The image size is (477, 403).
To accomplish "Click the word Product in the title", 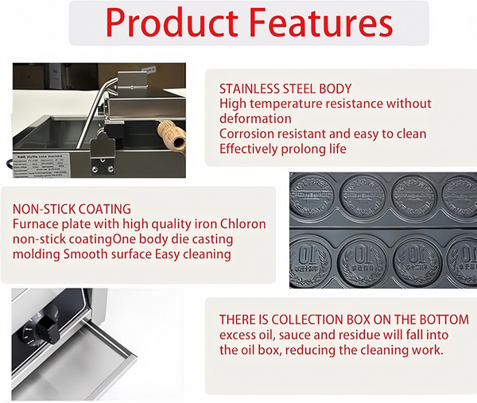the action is coord(172,23).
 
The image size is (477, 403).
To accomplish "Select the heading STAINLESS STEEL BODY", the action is coord(285,89).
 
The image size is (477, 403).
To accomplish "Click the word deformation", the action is coord(255,118).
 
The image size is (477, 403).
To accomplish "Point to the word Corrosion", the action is coord(246,134).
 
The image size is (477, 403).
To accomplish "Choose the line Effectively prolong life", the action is coord(282,149).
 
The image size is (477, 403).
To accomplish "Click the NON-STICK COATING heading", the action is coord(72,209).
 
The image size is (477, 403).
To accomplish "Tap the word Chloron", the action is coord(243,224).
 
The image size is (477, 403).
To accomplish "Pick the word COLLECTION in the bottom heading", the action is coord(320,320).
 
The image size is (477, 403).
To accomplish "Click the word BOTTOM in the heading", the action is coord(444,320).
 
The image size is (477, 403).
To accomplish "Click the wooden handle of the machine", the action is coord(173,135).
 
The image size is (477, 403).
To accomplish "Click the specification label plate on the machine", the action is coord(41,165).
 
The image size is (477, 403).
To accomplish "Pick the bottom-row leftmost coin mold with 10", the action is coord(310,261).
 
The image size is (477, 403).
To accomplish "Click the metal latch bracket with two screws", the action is coord(103,155).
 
